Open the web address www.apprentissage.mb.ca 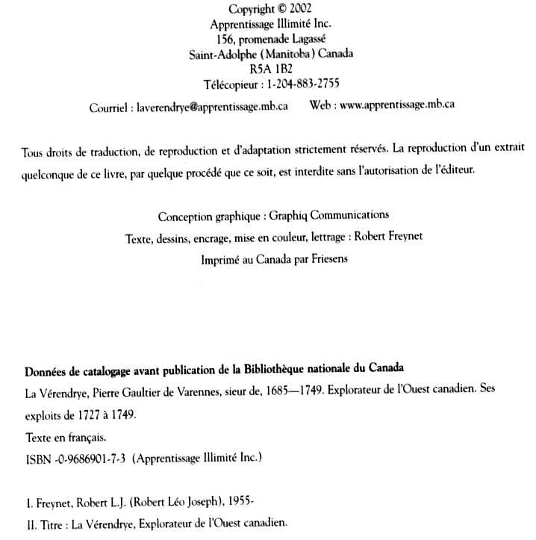pos(396,105)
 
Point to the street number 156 pos(222,39)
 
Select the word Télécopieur pos(230,84)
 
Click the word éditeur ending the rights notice pos(472,170)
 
